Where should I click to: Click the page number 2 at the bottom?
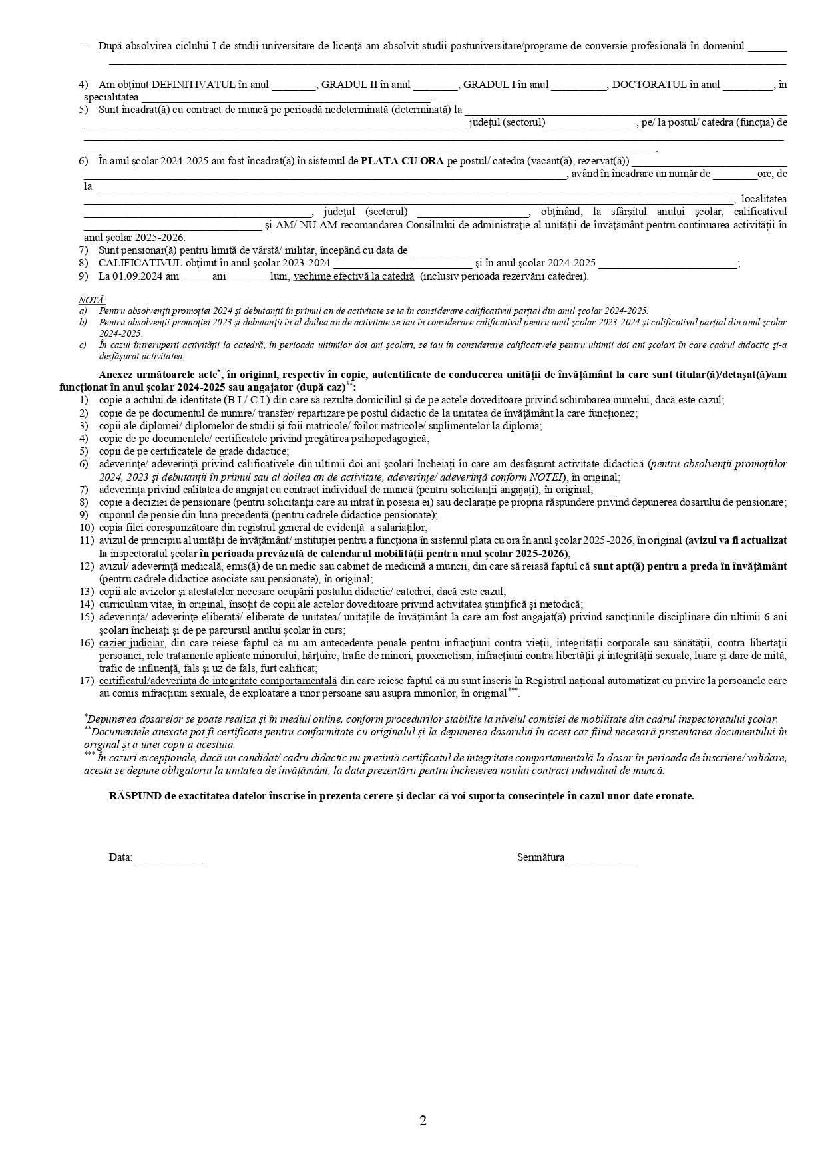pos(423,1121)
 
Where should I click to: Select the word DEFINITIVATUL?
pos(194,85)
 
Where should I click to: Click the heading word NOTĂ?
pos(92,300)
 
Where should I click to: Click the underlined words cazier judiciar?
pos(132,643)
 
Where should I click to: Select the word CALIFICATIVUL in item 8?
pos(140,264)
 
